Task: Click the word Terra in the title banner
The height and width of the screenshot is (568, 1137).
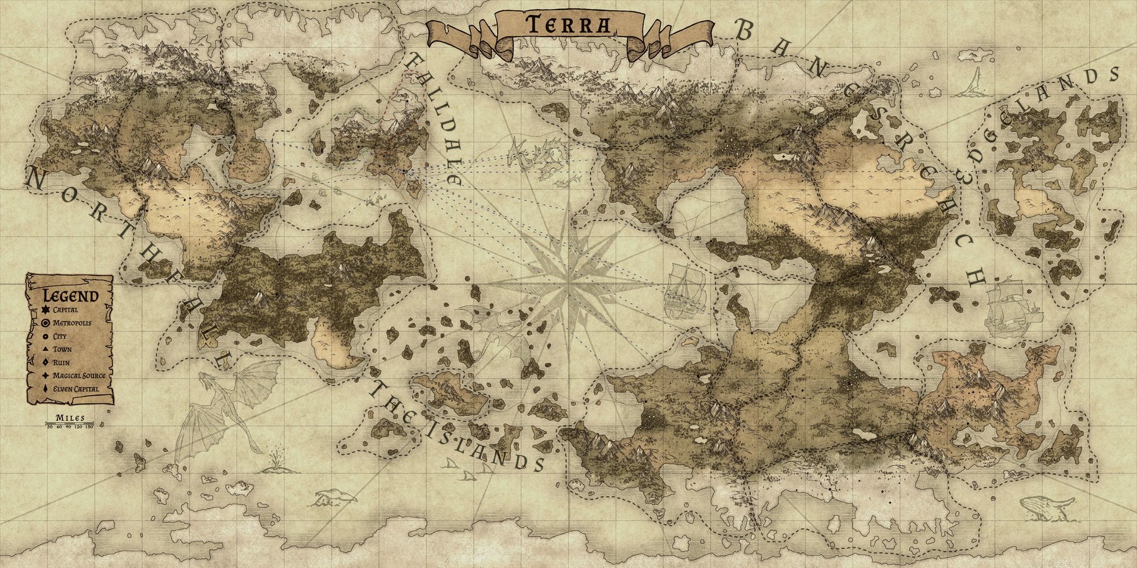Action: click(x=568, y=25)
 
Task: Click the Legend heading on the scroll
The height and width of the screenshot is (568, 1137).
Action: click(x=70, y=296)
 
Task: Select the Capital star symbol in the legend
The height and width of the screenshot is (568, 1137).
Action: click(x=45, y=310)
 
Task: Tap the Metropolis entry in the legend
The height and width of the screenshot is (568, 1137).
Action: click(x=72, y=322)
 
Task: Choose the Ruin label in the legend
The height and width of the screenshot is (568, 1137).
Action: click(x=62, y=362)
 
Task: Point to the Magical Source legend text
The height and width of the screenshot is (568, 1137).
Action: click(x=79, y=376)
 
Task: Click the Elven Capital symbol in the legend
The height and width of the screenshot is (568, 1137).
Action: click(x=45, y=389)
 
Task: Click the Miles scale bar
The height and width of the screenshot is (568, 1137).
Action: click(x=70, y=422)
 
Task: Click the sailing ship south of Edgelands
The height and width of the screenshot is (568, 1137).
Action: click(x=1011, y=306)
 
